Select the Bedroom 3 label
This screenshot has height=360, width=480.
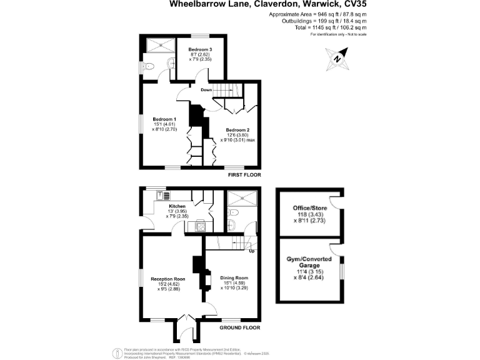(201, 49)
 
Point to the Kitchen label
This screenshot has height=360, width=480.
(177, 206)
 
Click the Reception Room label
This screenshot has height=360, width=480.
(168, 279)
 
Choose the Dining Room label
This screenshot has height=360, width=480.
(234, 277)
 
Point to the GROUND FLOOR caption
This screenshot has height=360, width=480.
(239, 327)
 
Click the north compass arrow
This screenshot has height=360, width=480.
(337, 59)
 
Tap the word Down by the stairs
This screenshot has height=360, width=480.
(207, 90)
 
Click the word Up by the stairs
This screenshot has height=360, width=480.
(252, 251)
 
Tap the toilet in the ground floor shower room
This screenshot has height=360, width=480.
(231, 224)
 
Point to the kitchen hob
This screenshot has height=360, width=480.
(201, 226)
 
